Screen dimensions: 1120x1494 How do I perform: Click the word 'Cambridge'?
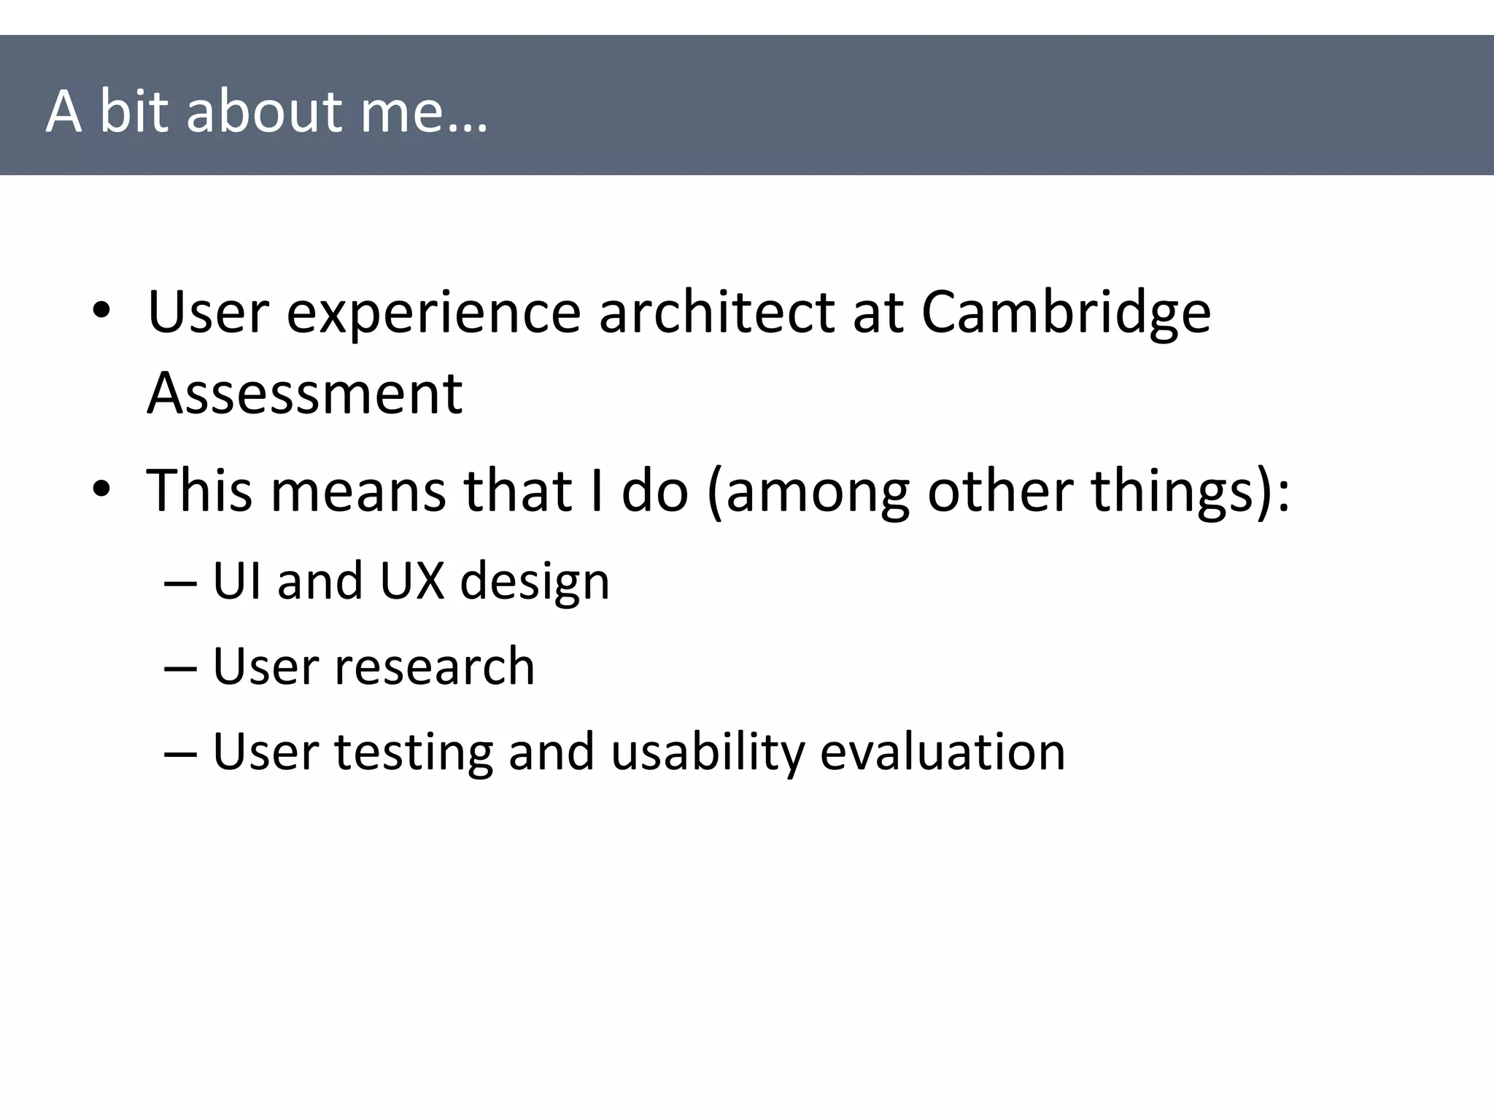pyautogui.click(x=1066, y=312)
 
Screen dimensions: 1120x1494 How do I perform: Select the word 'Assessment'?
pyautogui.click(x=304, y=393)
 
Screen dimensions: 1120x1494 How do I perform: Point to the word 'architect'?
pyautogui.click(x=716, y=312)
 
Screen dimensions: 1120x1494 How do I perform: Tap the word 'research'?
pyautogui.click(x=434, y=666)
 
